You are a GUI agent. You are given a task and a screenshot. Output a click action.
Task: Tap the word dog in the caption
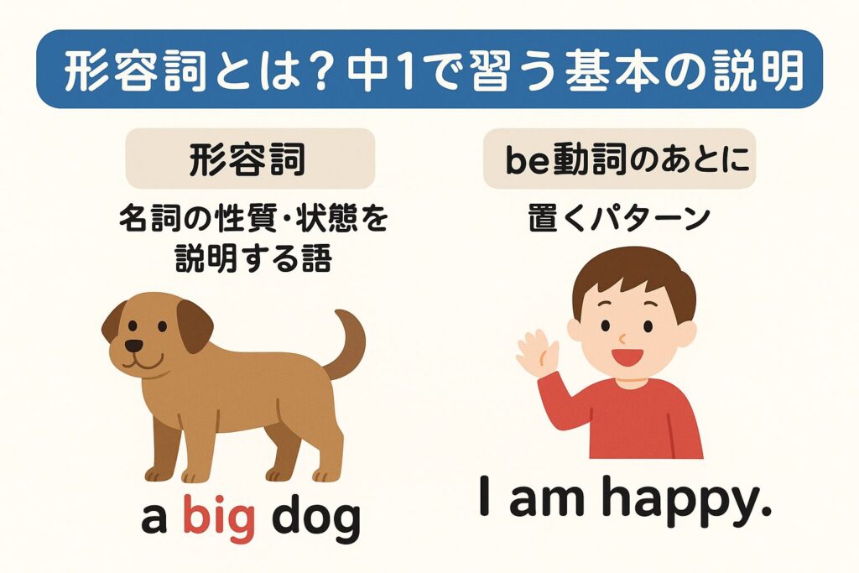316,519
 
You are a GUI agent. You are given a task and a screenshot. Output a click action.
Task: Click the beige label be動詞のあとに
619,159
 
